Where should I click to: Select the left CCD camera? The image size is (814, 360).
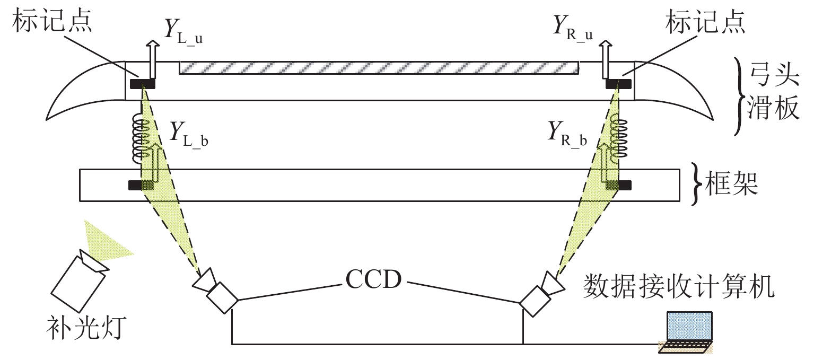215,289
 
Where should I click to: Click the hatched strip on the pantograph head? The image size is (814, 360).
379,68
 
